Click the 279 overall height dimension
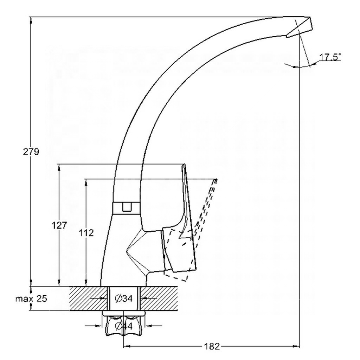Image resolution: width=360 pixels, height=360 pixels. pos(31,152)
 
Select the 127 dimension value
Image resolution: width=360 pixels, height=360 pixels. pos(59,225)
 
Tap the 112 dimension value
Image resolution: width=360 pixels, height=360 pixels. pos(86,233)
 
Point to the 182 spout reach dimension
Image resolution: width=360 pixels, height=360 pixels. pos(212,346)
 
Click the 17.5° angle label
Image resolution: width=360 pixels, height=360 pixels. pos(330,57)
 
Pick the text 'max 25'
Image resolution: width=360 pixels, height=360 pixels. pos(31,299)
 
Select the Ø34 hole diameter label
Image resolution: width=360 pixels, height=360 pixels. pos(124,298)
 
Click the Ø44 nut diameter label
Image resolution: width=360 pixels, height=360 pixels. pos(124,326)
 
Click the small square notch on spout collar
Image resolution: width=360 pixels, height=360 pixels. pos(127,207)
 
